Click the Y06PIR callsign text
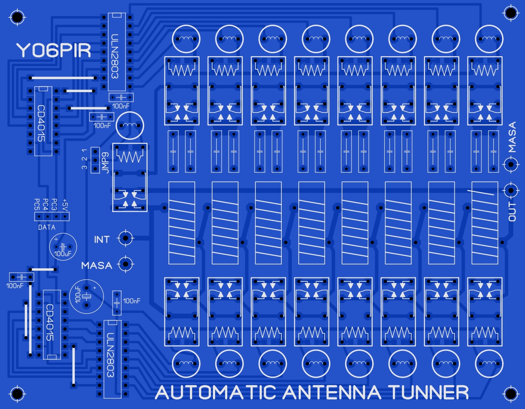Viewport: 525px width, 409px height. pyautogui.click(x=54, y=50)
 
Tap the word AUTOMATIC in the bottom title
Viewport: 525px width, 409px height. pyautogui.click(x=216, y=393)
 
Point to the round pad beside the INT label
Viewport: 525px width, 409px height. pyautogui.click(x=126, y=238)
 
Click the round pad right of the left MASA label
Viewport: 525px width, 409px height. pyautogui.click(x=126, y=264)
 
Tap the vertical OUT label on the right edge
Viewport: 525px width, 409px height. pyautogui.click(x=512, y=212)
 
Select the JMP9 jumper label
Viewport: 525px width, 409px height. pyautogui.click(x=106, y=163)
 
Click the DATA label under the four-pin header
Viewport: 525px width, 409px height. pyautogui.click(x=47, y=227)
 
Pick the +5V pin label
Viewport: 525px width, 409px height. pyautogui.click(x=65, y=204)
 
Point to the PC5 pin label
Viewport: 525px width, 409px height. pyautogui.click(x=37, y=204)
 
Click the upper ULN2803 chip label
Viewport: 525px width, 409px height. pyautogui.click(x=115, y=56)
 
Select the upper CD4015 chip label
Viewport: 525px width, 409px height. pyautogui.click(x=41, y=123)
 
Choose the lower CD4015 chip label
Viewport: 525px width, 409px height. pyautogui.click(x=49, y=322)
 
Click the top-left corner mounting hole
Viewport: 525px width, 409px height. pyautogui.click(x=17, y=17)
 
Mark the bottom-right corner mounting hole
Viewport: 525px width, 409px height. pyautogui.click(x=511, y=394)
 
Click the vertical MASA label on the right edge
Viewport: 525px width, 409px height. pyautogui.click(x=512, y=137)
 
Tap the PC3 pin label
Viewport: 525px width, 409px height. pyautogui.click(x=54, y=204)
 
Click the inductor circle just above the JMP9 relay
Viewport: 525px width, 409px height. pyautogui.click(x=130, y=126)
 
